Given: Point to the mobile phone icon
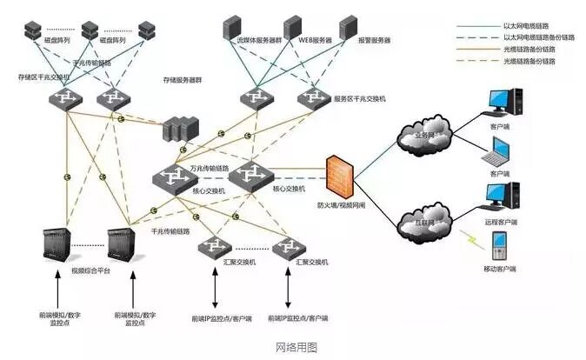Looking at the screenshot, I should tap(500, 246).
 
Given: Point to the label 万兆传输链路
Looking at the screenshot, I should tap(209, 167).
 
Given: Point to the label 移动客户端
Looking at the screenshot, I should tap(500, 270).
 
